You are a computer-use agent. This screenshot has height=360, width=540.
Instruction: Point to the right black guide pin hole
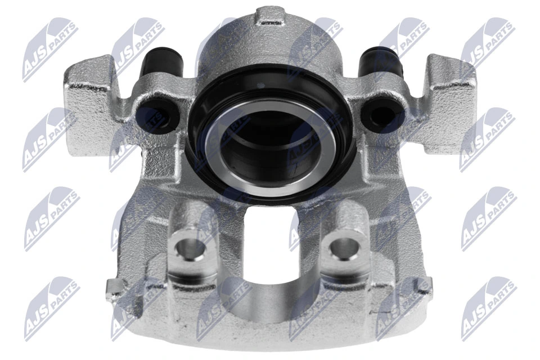tap(376, 114)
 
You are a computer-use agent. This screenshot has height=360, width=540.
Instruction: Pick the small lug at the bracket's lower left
tap(115, 288)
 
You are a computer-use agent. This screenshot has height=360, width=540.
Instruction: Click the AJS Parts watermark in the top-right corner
tap(487, 49)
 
